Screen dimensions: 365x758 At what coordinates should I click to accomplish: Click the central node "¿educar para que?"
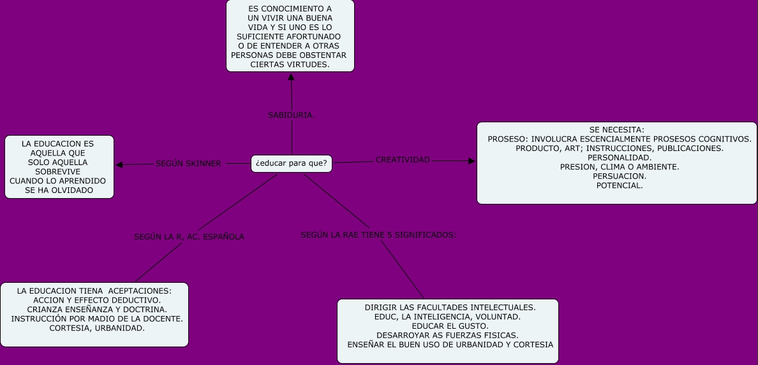pyautogui.click(x=291, y=164)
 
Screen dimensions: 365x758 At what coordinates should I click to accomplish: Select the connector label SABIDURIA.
pyautogui.click(x=292, y=115)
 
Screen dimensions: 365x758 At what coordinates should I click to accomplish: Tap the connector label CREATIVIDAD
pyautogui.click(x=403, y=159)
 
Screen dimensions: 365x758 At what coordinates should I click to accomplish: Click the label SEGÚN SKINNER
pyautogui.click(x=188, y=164)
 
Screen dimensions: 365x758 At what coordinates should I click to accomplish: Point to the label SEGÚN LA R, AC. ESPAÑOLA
pyautogui.click(x=189, y=237)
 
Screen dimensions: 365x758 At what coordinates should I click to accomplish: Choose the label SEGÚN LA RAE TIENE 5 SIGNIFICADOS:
pyautogui.click(x=378, y=235)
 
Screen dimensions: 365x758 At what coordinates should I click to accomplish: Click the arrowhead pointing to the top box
pyautogui.click(x=291, y=77)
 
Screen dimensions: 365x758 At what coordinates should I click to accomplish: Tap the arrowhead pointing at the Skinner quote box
pyautogui.click(x=119, y=165)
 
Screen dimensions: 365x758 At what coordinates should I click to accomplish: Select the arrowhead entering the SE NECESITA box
pyautogui.click(x=472, y=161)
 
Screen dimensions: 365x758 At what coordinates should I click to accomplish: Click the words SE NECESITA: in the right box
pyautogui.click(x=616, y=130)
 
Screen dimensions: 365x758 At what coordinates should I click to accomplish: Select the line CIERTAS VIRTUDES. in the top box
pyautogui.click(x=290, y=64)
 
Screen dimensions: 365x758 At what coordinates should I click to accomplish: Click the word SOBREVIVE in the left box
pyautogui.click(x=57, y=171)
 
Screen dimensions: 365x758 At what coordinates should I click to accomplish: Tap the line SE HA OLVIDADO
pyautogui.click(x=59, y=190)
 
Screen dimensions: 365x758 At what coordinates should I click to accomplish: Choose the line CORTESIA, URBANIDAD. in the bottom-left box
pyautogui.click(x=97, y=328)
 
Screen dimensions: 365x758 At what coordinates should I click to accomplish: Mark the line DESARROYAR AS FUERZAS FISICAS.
pyautogui.click(x=447, y=335)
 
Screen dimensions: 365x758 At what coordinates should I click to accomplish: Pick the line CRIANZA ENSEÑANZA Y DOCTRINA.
pyautogui.click(x=97, y=309)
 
